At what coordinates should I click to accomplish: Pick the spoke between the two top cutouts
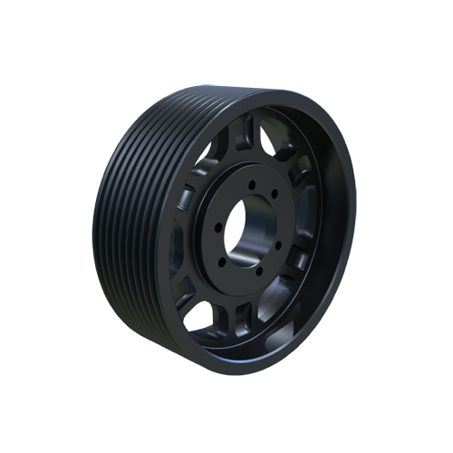tap(244, 137)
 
